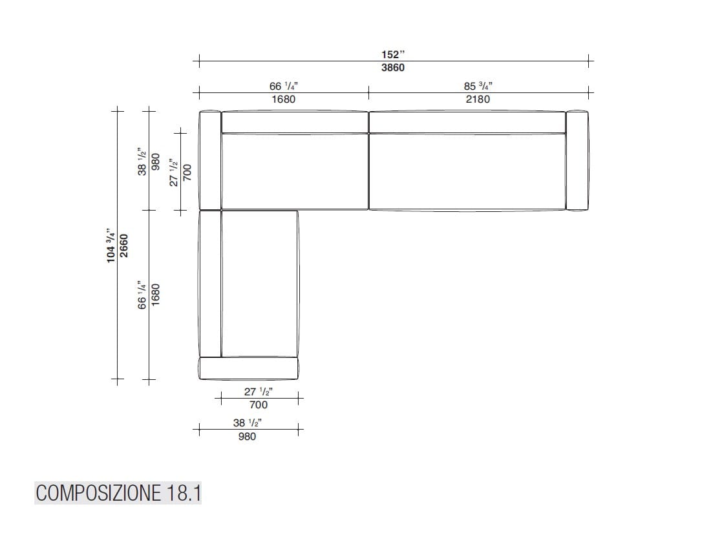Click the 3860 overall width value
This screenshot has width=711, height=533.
click(393, 68)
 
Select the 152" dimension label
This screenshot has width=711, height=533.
click(393, 56)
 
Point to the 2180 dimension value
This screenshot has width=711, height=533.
click(478, 99)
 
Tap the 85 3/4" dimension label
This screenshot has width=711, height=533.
click(478, 87)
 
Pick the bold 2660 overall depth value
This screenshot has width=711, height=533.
click(124, 246)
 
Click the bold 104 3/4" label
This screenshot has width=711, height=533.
click(111, 246)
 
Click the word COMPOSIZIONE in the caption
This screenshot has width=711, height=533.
click(97, 494)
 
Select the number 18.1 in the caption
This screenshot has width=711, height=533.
click(182, 494)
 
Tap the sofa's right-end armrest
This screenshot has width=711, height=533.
click(577, 160)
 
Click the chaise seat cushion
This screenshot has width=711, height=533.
click(259, 284)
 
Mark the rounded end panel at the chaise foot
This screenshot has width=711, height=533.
click(249, 368)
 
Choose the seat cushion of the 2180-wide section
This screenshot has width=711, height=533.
click(467, 171)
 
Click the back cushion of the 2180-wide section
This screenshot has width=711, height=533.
click(467, 122)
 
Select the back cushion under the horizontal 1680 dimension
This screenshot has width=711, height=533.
click(295, 122)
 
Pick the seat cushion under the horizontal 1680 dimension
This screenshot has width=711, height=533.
click(295, 171)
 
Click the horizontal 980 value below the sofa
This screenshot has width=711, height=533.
click(247, 437)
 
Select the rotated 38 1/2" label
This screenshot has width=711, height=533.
click(142, 165)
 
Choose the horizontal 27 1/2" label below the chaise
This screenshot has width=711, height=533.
click(258, 392)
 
